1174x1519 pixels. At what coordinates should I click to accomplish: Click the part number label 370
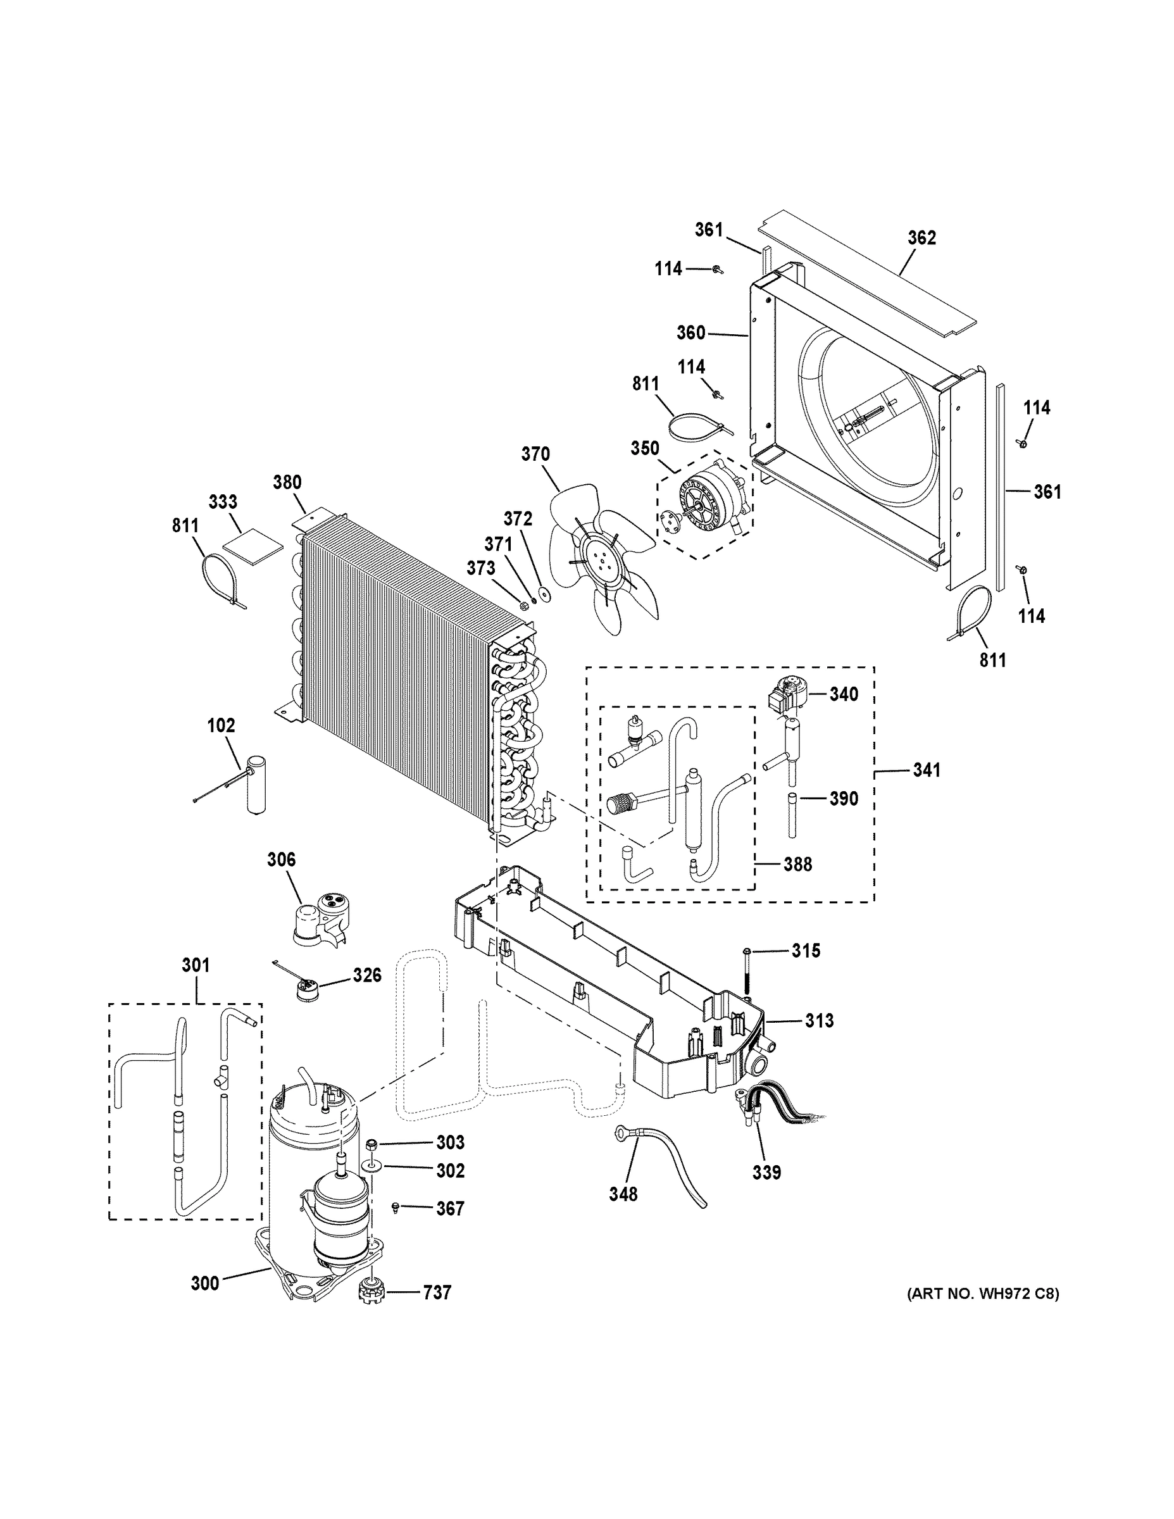535,454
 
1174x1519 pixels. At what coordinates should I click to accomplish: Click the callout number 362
921,238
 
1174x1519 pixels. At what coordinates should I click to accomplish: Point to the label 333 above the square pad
223,501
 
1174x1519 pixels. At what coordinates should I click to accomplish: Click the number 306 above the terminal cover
281,860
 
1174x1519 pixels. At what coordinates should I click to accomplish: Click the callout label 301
196,965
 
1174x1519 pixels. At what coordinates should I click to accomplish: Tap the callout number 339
766,1172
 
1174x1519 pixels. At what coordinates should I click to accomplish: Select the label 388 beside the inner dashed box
797,865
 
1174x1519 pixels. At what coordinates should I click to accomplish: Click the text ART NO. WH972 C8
983,1294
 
